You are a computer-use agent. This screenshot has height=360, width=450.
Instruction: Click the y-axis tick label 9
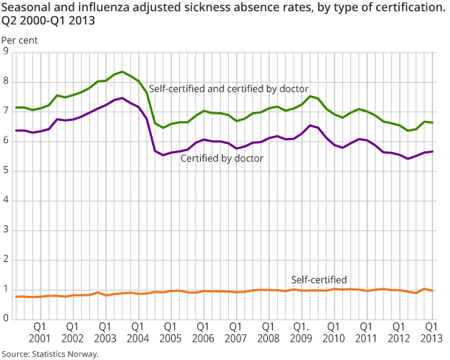tap(6, 52)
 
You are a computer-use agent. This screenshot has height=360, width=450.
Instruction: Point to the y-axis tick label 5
tap(6, 170)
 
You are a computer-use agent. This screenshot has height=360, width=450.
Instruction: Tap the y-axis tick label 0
tap(6, 319)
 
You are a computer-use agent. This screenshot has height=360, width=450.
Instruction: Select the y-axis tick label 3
tap(6, 230)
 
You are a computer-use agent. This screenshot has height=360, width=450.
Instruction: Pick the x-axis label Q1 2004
tap(137, 331)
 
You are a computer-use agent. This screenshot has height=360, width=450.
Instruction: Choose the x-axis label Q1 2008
tap(268, 331)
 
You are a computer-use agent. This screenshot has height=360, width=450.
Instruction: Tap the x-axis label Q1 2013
tap(431, 331)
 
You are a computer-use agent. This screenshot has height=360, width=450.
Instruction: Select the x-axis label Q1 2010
tap(333, 331)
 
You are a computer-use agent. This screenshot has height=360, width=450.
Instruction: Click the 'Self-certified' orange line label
tap(319, 280)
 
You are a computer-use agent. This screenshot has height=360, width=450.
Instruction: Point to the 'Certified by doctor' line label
tap(221, 157)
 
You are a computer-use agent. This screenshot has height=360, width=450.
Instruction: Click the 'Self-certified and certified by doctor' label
tap(229, 89)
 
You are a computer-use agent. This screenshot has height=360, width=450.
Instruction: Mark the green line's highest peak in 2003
tap(122, 72)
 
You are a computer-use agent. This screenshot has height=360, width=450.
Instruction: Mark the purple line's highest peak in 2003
tap(122, 97)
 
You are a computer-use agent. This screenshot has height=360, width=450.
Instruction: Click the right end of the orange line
tap(432, 291)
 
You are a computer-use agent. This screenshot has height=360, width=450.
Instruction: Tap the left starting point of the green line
tap(16, 107)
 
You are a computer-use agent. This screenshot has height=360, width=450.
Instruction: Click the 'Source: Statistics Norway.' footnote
tap(50, 353)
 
